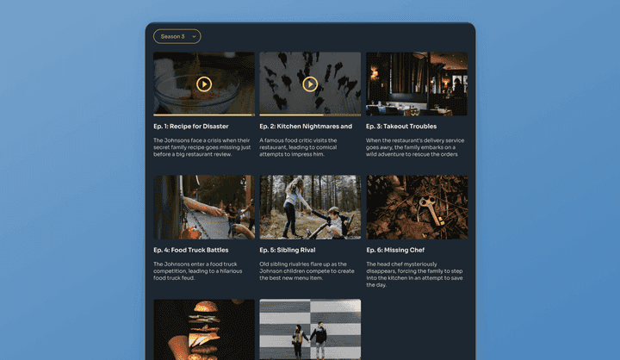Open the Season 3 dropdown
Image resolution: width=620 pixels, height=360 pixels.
click(x=177, y=36)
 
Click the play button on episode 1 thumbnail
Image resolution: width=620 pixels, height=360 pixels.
click(x=203, y=84)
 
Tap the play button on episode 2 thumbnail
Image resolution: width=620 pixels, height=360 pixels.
click(x=310, y=84)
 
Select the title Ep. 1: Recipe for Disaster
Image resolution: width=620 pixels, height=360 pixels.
click(x=191, y=127)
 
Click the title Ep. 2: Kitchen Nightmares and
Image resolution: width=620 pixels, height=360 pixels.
click(x=306, y=127)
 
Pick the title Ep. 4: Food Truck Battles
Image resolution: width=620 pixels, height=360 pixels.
click(x=192, y=250)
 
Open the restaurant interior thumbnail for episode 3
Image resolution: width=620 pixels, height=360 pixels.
click(x=417, y=84)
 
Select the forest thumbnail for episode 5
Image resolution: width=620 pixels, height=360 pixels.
click(x=310, y=208)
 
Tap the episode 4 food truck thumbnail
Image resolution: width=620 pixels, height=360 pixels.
click(x=203, y=208)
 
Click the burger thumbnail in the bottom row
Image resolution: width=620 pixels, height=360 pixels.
click(x=203, y=329)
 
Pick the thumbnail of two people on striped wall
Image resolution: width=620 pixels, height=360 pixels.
click(x=310, y=329)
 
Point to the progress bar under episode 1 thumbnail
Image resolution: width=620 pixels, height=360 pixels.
click(x=203, y=115)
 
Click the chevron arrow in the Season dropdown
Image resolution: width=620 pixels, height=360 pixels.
click(x=195, y=36)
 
